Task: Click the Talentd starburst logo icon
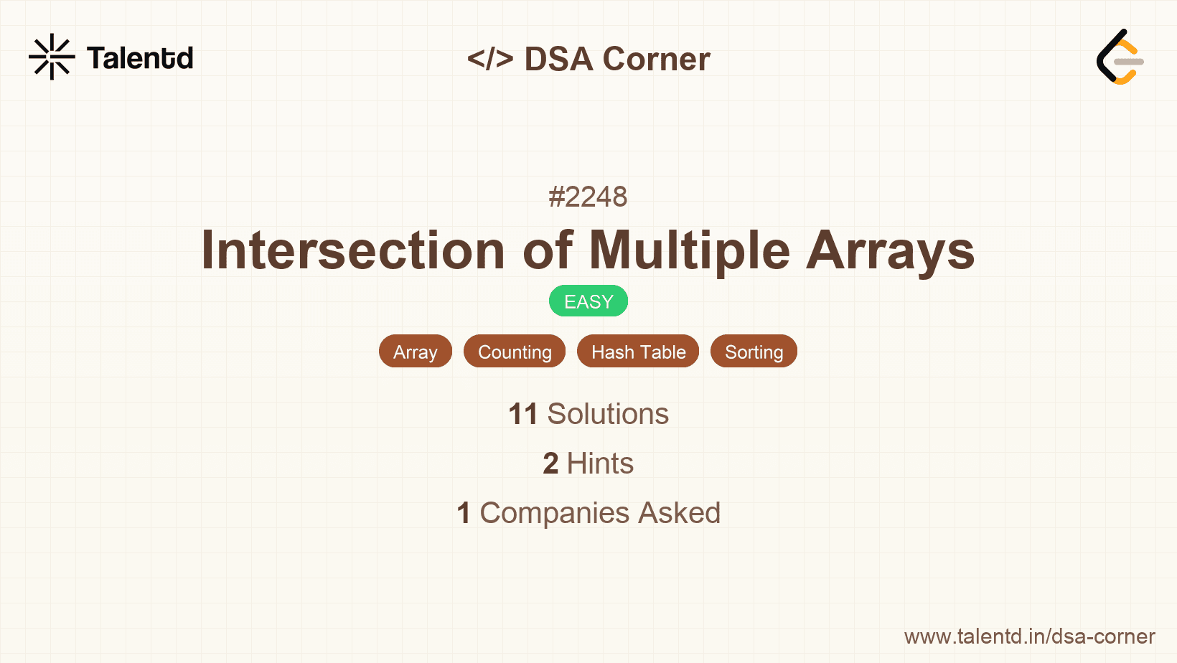tap(52, 57)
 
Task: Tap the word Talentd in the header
tap(140, 57)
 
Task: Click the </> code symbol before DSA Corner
tap(490, 58)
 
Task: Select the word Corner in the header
tap(656, 58)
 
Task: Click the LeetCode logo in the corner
tap(1120, 57)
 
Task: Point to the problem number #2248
tap(588, 197)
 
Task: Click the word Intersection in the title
tap(353, 250)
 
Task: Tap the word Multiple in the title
tap(690, 250)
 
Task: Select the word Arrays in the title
tap(890, 251)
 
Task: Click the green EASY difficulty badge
tap(588, 301)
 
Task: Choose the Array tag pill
tap(415, 352)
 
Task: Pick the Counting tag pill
tap(515, 352)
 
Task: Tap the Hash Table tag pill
tap(638, 352)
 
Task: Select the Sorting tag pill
tap(754, 352)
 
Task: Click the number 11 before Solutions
tap(522, 414)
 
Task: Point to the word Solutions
tap(608, 414)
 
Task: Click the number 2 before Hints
tap(550, 464)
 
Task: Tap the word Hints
tap(600, 464)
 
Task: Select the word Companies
tap(554, 513)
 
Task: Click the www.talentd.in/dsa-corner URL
tap(1029, 636)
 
